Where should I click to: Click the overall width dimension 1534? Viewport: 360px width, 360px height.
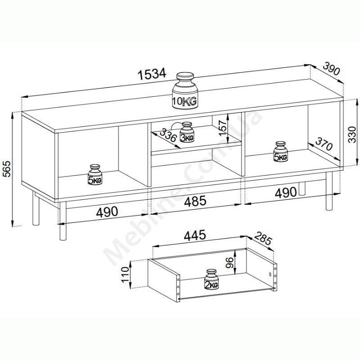click(x=152, y=74)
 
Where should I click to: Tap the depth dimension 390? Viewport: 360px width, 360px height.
click(x=331, y=69)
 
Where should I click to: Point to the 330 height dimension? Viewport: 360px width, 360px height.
click(x=352, y=134)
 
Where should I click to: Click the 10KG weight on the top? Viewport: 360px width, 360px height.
click(x=185, y=91)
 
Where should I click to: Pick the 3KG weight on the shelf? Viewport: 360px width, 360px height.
click(x=187, y=132)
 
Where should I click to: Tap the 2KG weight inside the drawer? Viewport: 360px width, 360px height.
click(x=211, y=279)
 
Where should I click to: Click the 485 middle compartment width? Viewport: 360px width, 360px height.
click(x=195, y=201)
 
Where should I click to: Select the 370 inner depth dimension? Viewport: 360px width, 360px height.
click(x=324, y=144)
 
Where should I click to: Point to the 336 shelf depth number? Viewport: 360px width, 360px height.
click(x=168, y=135)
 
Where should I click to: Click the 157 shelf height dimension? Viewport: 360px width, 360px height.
click(x=222, y=128)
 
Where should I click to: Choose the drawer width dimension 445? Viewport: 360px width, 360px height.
click(x=195, y=235)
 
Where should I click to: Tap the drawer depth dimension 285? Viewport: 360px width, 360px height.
click(x=263, y=238)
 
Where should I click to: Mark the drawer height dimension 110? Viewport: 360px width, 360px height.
click(x=126, y=274)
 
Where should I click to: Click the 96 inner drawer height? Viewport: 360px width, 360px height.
click(x=229, y=262)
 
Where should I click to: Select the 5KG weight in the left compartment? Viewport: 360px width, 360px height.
click(x=95, y=175)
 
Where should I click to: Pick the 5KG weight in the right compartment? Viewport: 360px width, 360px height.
click(x=280, y=152)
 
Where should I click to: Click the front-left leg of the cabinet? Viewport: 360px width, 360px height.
click(x=63, y=221)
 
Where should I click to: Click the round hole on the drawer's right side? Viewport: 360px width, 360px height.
click(x=270, y=274)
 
